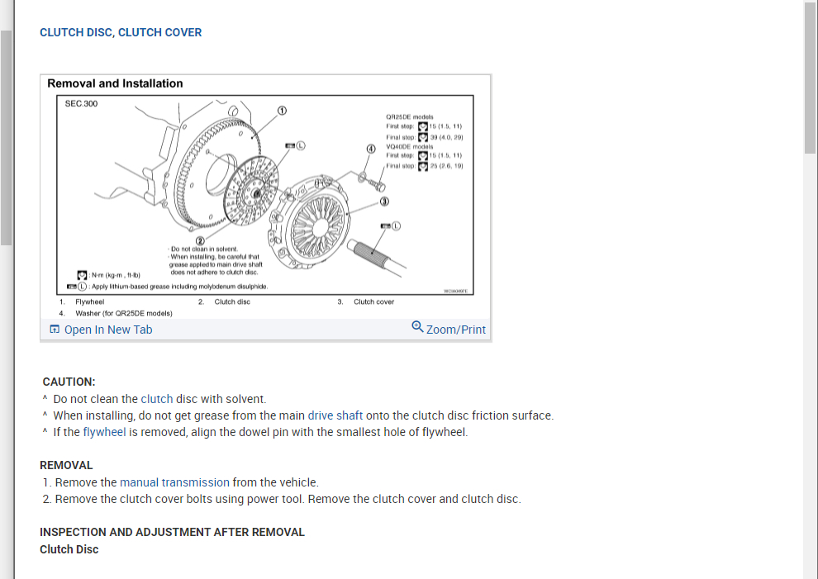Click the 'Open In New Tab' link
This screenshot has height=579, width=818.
(107, 330)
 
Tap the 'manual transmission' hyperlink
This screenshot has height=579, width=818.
(174, 482)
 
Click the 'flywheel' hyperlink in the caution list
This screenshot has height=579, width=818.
(104, 432)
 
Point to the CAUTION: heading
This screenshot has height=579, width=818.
(69, 382)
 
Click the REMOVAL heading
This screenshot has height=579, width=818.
(66, 465)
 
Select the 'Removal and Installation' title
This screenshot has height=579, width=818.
(115, 83)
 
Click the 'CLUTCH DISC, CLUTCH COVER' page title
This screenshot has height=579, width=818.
(121, 32)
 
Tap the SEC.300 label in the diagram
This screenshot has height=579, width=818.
(81, 104)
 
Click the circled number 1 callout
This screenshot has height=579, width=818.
(282, 110)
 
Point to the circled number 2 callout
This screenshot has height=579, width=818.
(199, 240)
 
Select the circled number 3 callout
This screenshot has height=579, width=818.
(384, 202)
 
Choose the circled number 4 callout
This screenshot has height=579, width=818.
(371, 149)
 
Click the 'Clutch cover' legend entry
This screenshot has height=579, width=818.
(373, 301)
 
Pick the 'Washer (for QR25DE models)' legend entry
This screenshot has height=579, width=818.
(123, 313)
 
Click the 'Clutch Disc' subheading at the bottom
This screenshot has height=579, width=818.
(69, 549)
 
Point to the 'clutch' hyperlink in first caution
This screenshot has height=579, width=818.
(157, 399)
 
